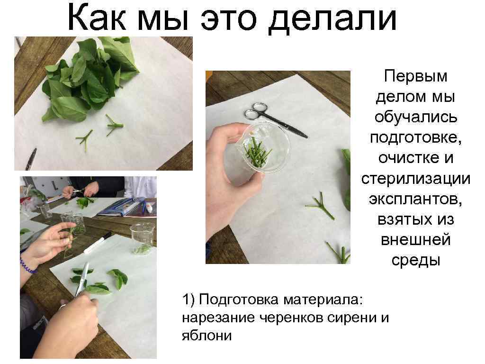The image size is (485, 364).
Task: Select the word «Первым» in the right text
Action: (x=415, y=76)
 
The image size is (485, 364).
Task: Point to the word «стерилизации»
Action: (x=415, y=179)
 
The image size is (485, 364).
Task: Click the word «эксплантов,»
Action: (x=415, y=199)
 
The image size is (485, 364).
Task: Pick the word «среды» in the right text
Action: (x=415, y=260)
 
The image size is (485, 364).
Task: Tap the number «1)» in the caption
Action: (x=189, y=300)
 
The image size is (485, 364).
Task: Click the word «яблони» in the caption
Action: (x=207, y=335)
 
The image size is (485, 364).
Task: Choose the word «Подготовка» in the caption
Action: (x=239, y=300)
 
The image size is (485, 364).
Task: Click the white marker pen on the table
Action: (x=98, y=243)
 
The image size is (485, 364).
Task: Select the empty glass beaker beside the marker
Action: (x=142, y=238)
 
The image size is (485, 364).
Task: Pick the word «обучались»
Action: (x=415, y=118)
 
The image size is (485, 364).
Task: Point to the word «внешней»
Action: (x=415, y=240)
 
